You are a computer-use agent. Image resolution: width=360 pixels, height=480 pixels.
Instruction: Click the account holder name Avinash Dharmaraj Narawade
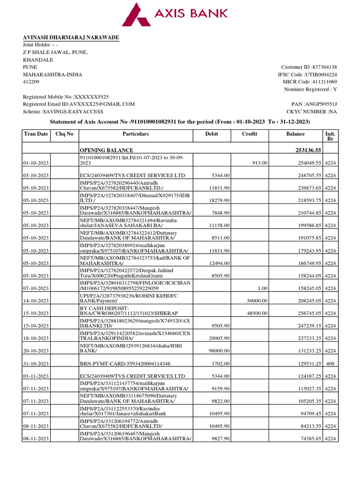click(71, 37)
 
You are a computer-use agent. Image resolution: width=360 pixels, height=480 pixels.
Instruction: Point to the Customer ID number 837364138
click(321, 67)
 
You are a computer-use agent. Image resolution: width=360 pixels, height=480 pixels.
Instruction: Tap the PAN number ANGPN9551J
click(321, 104)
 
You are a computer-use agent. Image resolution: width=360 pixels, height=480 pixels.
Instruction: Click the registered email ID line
click(79, 104)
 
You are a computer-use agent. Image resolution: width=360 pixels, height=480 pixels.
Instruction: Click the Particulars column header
click(135, 134)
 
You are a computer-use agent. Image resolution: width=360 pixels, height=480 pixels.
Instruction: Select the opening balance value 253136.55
click(306, 150)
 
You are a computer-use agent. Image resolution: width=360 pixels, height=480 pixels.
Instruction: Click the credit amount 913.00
click(260, 163)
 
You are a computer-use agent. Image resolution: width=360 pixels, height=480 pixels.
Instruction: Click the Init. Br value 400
click(330, 363)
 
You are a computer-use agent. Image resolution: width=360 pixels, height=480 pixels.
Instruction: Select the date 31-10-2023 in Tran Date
click(36, 363)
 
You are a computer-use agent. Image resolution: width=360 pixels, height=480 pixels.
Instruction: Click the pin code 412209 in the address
click(31, 82)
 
